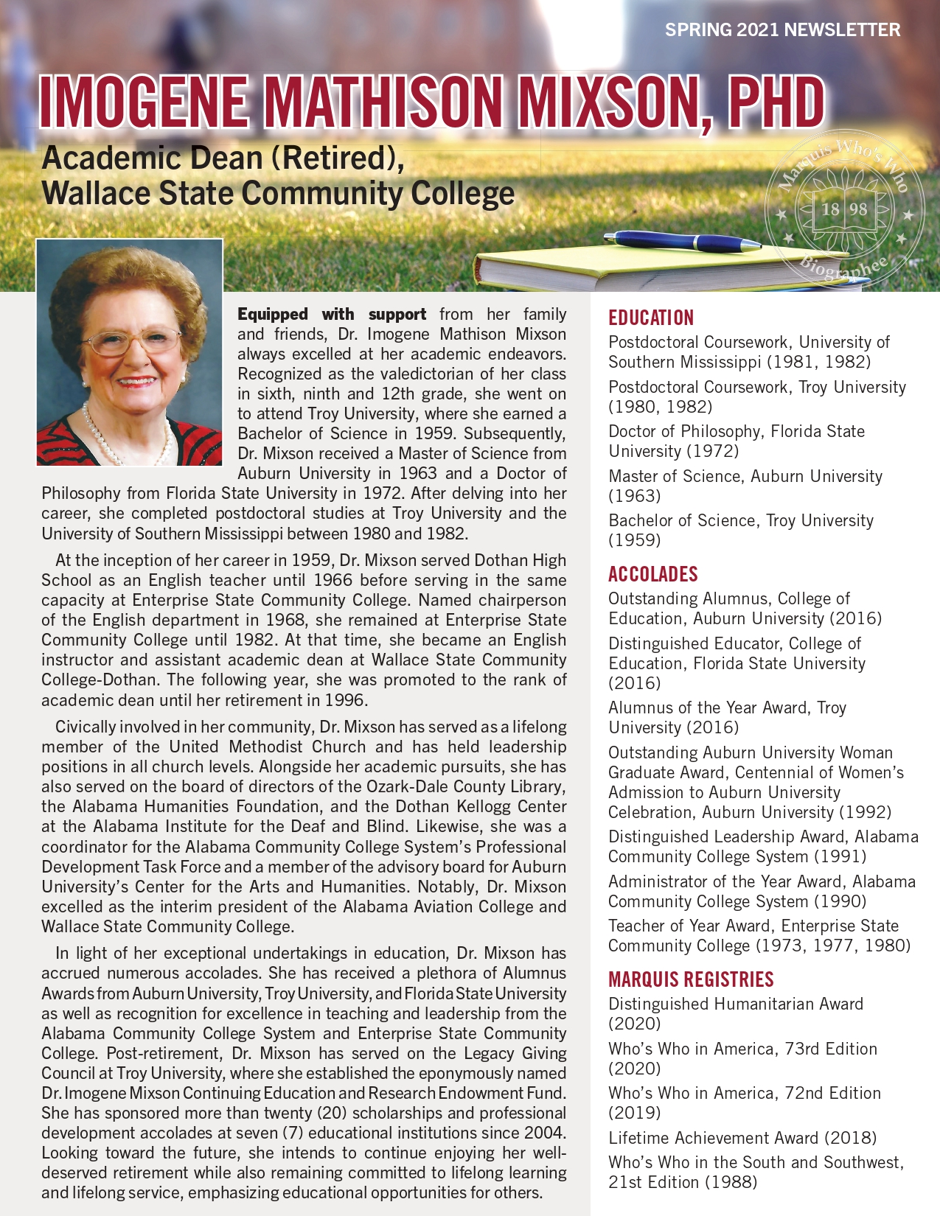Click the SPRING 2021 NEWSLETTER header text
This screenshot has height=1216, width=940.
(782, 30)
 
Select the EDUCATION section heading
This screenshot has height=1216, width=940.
(651, 318)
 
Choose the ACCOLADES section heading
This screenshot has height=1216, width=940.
(652, 574)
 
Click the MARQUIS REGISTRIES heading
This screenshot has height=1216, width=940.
(691, 979)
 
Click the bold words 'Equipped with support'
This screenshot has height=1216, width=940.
(332, 315)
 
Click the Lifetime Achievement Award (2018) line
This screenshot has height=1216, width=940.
(742, 1138)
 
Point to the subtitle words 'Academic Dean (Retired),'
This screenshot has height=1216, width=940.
(223, 158)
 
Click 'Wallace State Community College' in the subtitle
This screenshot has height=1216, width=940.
(278, 194)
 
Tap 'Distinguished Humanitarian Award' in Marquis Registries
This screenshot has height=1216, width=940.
(735, 1004)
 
